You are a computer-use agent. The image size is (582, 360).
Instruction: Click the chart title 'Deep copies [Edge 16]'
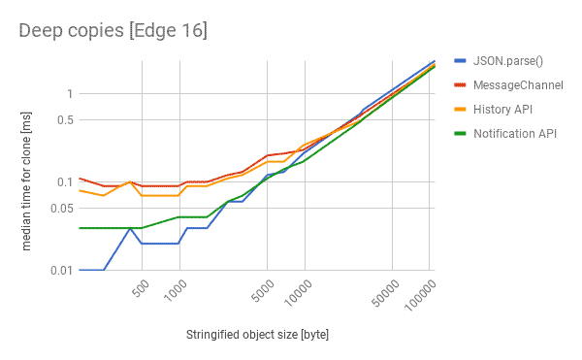coord(113,30)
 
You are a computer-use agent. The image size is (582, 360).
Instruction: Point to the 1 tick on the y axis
coord(69,93)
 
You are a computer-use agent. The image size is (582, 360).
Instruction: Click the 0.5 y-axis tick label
coord(64,119)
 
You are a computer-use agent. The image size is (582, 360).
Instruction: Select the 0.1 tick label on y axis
coord(64,181)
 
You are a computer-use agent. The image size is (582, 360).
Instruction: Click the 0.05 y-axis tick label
coord(61,208)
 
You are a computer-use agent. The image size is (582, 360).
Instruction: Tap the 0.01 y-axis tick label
coord(61,270)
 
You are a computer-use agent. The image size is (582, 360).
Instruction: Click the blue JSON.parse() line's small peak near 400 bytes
coord(130,228)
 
